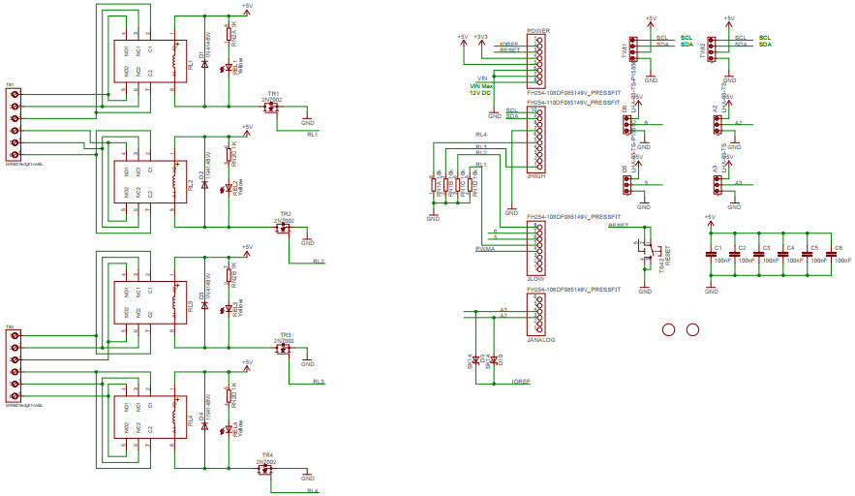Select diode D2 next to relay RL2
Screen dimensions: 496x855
[x=204, y=180]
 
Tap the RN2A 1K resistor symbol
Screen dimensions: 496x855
[x=229, y=36]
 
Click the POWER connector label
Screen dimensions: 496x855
[x=537, y=31]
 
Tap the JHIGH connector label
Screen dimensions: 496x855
[x=537, y=177]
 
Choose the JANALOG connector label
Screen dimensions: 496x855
[x=541, y=339]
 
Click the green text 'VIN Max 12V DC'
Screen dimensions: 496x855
[x=480, y=88]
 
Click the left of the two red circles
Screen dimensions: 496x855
[x=667, y=329]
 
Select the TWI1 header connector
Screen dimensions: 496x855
[x=632, y=49]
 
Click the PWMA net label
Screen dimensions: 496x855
[x=486, y=249]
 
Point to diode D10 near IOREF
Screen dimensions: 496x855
[x=494, y=360]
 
